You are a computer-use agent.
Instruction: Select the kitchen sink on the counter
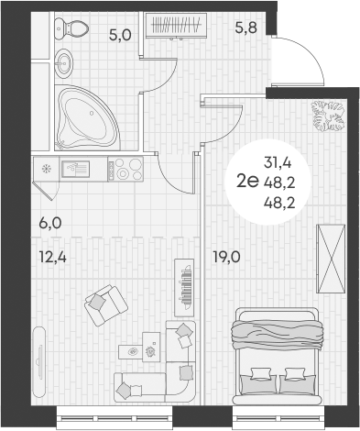point(75,168)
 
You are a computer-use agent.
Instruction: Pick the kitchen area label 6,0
point(51,221)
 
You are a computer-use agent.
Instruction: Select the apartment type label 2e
point(246,181)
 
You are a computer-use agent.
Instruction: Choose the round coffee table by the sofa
point(135,351)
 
